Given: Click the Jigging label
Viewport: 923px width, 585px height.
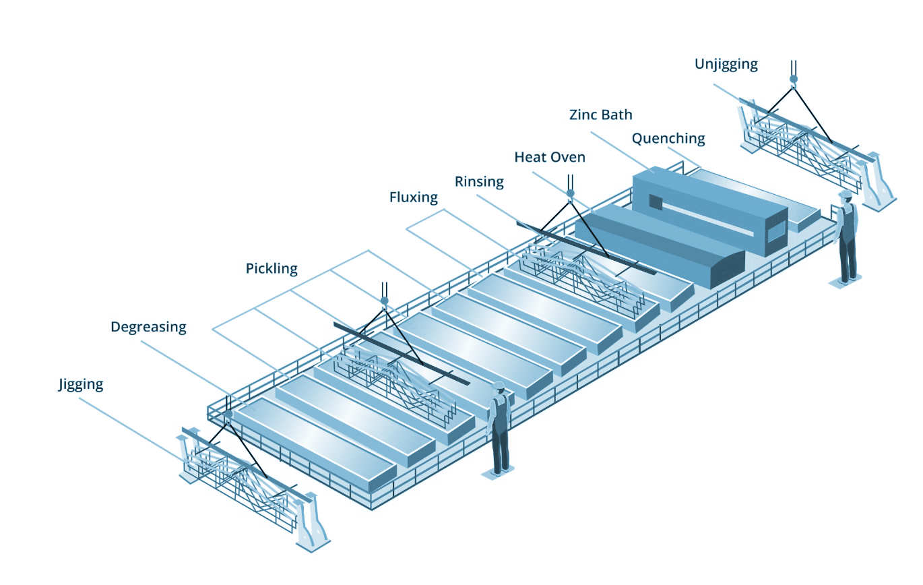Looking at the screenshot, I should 80,385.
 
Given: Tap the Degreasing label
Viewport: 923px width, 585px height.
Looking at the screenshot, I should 148,328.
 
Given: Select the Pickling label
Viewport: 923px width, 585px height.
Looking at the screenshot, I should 271,269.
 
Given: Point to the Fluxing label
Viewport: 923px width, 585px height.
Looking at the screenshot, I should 413,197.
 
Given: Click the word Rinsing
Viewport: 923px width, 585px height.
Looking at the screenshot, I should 479,181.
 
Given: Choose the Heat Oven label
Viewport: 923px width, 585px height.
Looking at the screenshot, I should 550,157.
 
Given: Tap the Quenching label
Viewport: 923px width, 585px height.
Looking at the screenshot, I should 668,139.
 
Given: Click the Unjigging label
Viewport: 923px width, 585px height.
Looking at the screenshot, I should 726,65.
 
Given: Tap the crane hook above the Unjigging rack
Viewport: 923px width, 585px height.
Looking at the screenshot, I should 794,79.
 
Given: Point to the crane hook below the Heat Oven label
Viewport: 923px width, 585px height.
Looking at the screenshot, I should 570,193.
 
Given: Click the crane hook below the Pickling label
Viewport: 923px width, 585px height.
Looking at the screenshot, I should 384,300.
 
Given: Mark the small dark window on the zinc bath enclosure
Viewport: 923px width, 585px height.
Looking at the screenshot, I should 655,201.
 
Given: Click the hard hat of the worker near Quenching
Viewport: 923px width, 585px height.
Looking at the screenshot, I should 845,194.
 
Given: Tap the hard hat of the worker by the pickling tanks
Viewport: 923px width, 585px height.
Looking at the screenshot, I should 499,386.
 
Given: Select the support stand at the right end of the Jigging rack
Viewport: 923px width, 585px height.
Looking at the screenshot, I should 311,520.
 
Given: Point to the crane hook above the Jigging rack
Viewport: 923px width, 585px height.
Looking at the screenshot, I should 229,413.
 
